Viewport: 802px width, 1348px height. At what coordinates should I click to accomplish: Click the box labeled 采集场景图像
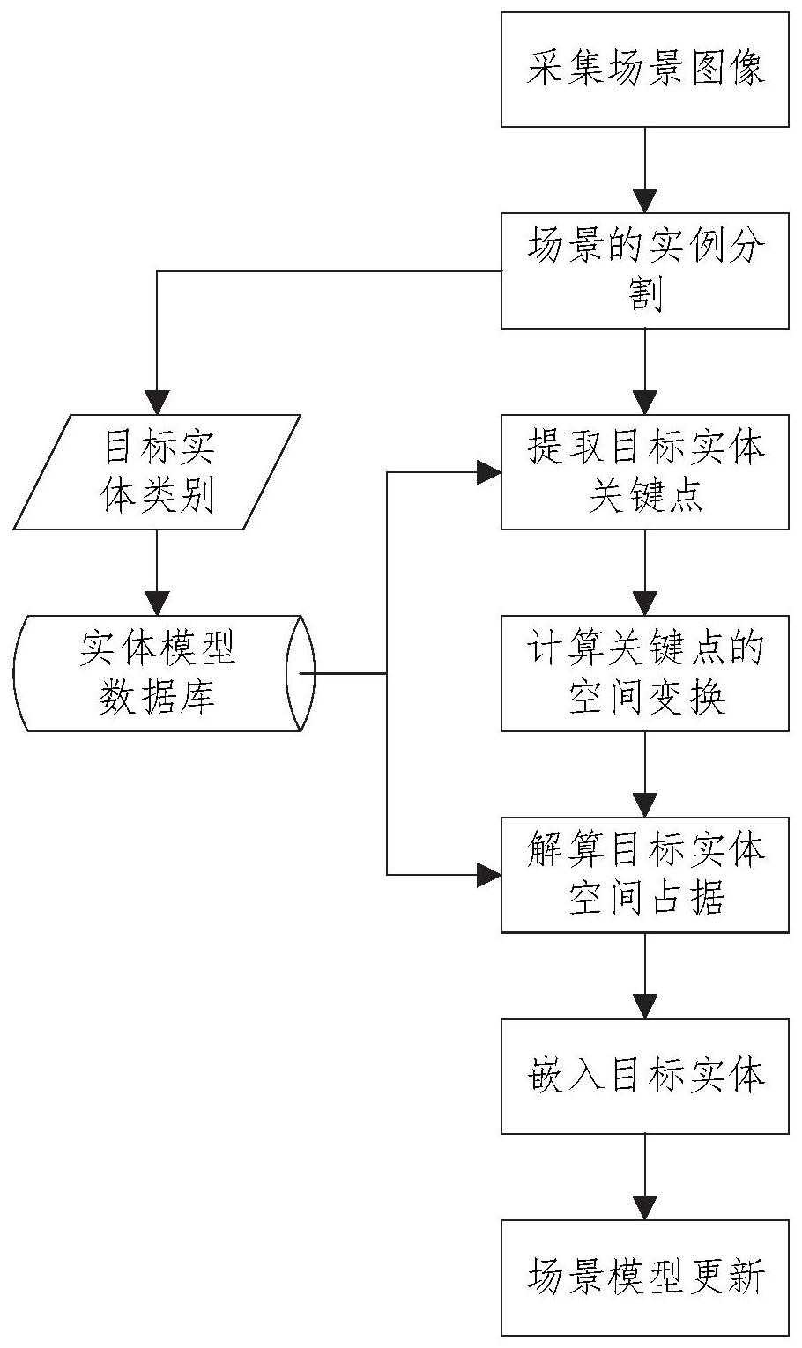645,70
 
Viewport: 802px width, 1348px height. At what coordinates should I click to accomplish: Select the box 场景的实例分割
645,270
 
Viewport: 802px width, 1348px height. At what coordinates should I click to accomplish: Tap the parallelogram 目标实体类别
157,472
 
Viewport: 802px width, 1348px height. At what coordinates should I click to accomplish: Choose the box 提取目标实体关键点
645,472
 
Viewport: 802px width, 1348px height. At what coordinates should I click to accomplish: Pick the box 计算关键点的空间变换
645,673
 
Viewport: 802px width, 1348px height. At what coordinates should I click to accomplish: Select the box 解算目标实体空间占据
645,875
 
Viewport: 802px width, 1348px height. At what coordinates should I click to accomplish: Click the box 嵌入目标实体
645,1076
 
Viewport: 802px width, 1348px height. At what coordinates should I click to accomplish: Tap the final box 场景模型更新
645,1277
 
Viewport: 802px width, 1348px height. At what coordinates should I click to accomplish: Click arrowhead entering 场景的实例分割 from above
645,202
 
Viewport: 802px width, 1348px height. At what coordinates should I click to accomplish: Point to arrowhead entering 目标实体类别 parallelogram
157,404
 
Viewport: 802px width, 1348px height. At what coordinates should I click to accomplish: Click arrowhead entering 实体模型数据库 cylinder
157,604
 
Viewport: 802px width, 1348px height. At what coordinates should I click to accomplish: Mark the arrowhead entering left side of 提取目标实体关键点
488,473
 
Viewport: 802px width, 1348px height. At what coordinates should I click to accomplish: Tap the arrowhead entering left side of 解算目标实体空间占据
488,875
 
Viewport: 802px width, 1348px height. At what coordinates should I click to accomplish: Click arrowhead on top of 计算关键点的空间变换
645,604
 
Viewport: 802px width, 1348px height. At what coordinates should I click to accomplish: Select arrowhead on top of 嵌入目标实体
645,1007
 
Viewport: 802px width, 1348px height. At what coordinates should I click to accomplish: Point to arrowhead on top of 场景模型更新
645,1208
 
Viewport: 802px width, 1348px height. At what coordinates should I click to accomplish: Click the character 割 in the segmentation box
645,295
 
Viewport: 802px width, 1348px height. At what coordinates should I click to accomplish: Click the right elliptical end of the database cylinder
301,673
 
